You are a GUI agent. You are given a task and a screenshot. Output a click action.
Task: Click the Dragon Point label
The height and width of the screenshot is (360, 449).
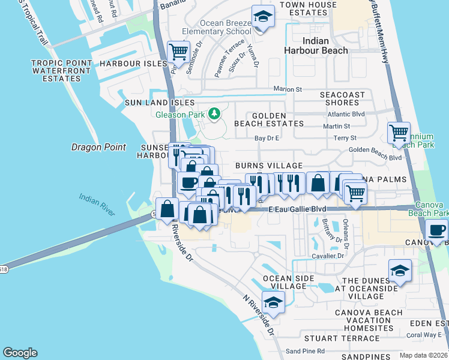(98, 147)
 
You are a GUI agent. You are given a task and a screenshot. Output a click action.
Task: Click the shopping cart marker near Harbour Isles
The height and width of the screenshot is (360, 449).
(179, 52)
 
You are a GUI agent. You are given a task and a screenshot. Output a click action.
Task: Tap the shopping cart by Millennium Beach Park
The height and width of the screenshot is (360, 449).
(399, 133)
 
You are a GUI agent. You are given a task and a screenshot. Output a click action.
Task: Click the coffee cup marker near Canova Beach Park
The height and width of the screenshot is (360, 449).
(436, 230)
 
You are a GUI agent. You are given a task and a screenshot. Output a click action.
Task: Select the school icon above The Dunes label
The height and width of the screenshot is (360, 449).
(400, 271)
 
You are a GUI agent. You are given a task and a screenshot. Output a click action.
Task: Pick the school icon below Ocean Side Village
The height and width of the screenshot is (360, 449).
(273, 303)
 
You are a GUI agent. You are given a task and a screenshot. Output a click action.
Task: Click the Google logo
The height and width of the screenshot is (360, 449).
(20, 353)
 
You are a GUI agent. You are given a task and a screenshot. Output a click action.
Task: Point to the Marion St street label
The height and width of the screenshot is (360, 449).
(288, 89)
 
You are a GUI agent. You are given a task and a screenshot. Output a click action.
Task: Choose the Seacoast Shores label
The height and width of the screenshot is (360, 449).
(342, 99)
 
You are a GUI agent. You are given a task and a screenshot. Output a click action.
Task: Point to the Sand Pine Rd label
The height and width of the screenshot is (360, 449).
(305, 351)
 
